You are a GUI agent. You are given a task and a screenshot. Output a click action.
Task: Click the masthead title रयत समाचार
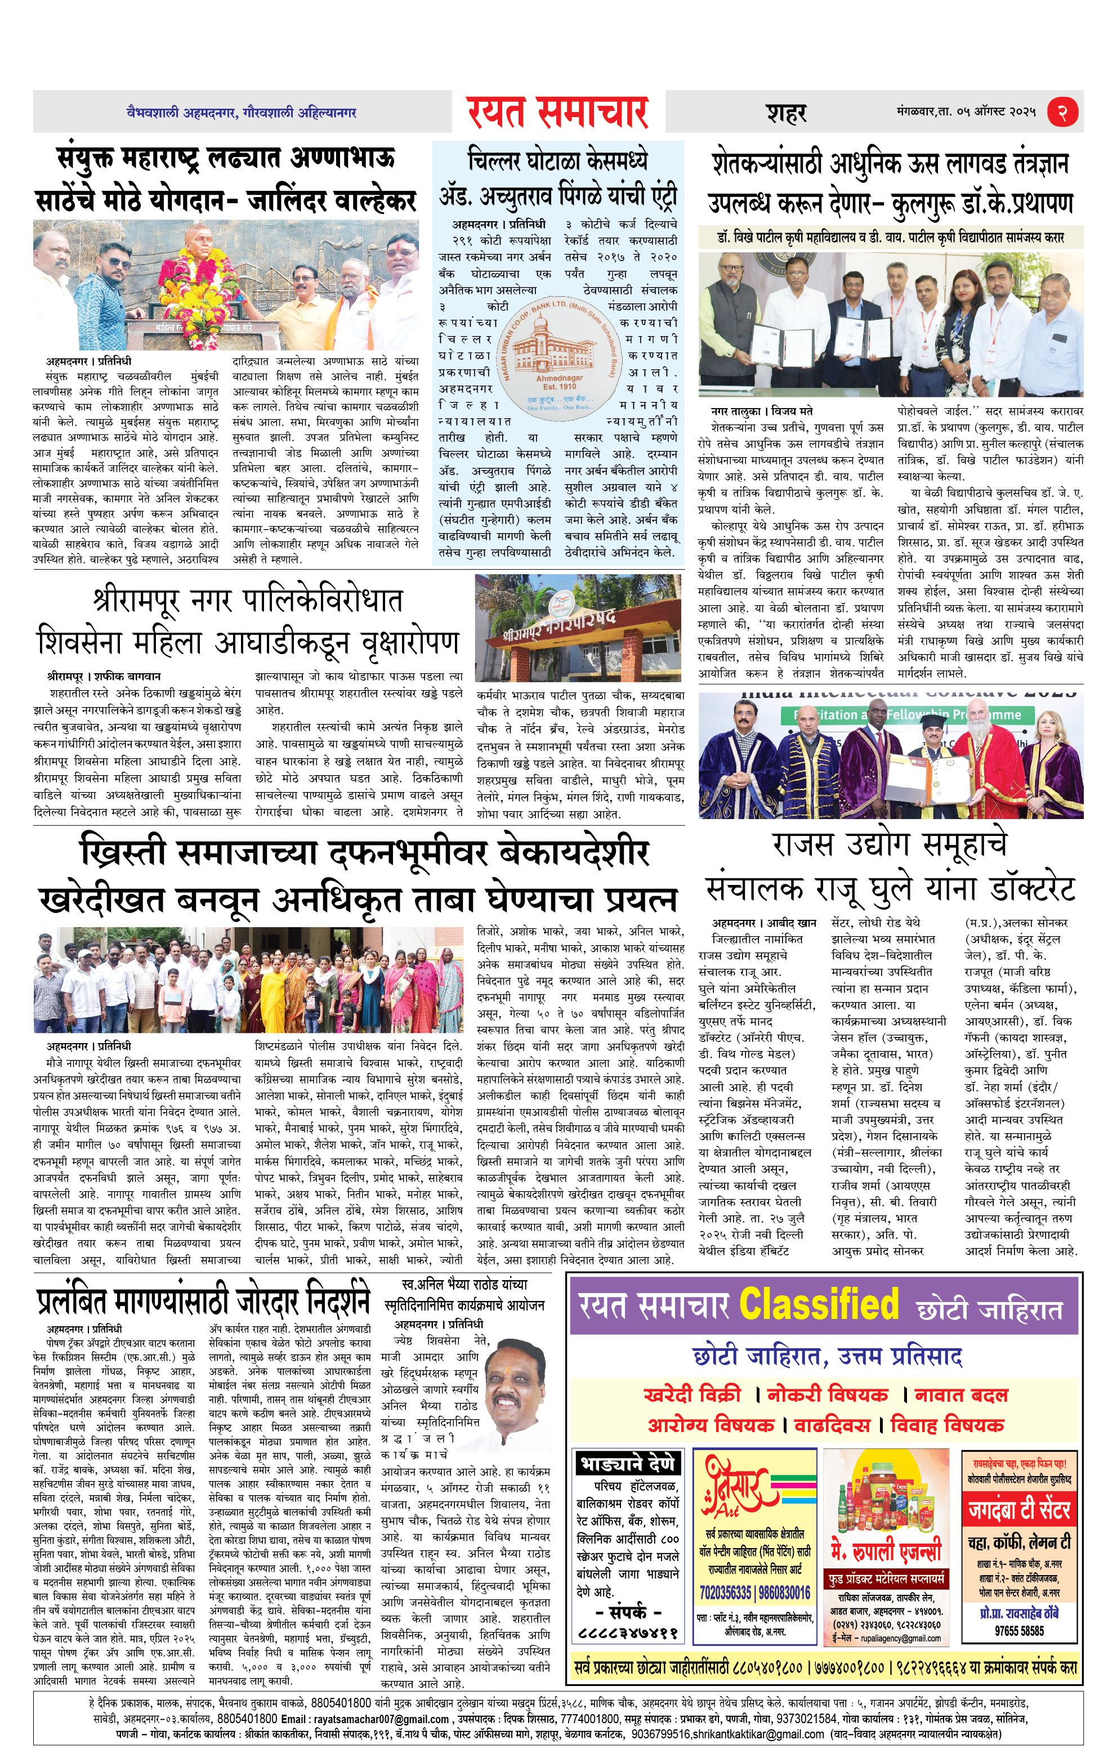[558, 112]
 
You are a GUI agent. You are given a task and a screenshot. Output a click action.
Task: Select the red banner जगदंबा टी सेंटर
[1019, 1510]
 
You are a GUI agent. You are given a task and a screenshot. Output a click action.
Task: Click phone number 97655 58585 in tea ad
[1019, 1630]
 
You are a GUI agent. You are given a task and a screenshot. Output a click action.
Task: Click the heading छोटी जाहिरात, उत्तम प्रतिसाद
[826, 1357]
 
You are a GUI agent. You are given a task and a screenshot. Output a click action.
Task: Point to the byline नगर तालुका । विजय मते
[762, 412]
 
